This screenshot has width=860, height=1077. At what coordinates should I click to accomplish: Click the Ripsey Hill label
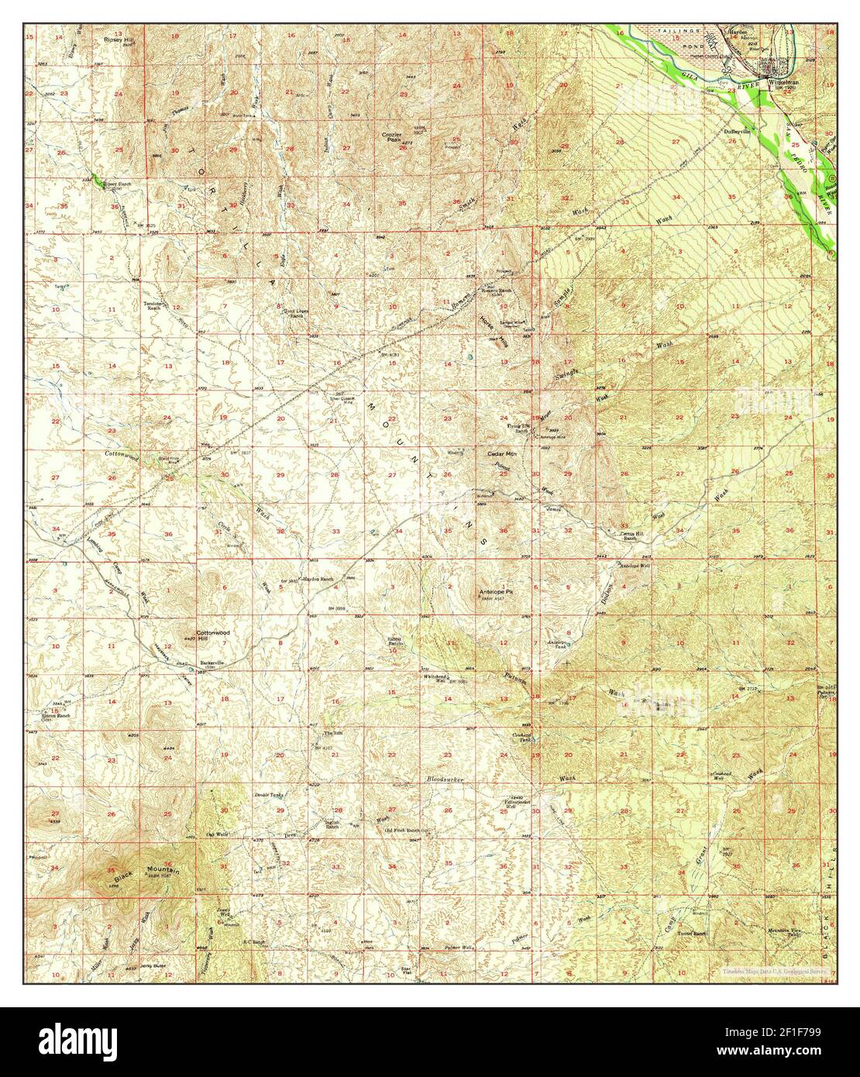click(114, 37)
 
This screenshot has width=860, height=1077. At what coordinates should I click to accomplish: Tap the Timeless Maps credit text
click(774, 971)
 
